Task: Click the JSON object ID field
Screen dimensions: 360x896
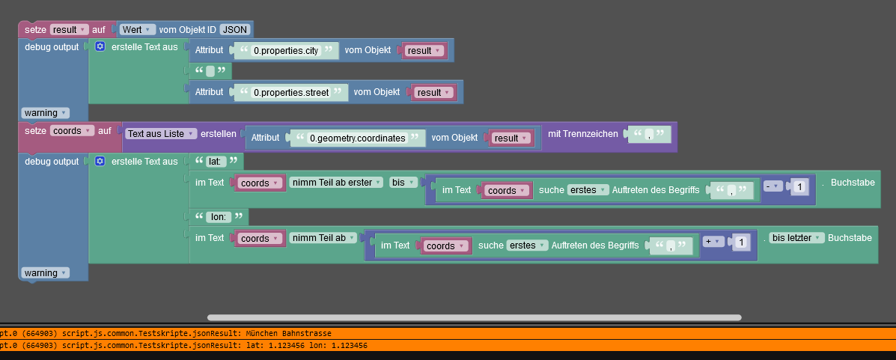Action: tap(235, 29)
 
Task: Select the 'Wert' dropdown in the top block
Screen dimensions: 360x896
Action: tap(138, 29)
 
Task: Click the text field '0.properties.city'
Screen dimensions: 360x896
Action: tap(285, 51)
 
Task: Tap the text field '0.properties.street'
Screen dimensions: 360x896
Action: tap(290, 92)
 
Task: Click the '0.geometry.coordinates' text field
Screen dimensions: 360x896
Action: tap(357, 138)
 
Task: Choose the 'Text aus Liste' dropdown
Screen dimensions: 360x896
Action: tap(161, 133)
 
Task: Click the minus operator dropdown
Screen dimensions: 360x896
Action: tap(772, 185)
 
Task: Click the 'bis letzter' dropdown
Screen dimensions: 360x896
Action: tap(796, 237)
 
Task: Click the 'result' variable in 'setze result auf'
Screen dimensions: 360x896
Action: tap(69, 29)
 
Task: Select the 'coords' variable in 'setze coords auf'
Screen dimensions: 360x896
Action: tap(71, 130)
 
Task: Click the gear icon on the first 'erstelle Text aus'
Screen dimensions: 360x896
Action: tap(100, 46)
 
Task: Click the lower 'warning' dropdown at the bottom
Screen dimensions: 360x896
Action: tap(45, 272)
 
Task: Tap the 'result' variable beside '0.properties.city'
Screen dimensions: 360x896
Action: tap(424, 51)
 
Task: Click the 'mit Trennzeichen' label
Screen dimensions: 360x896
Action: tap(583, 133)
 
